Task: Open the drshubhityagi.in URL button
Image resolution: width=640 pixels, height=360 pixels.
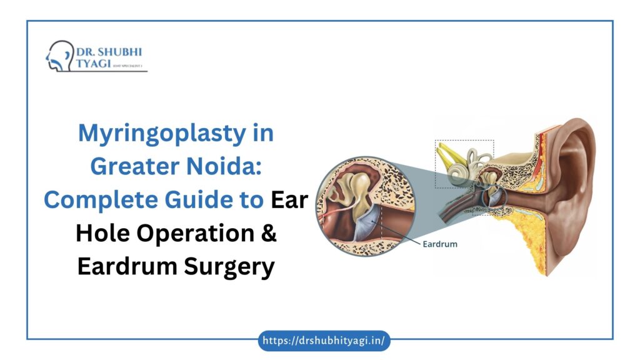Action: click(x=324, y=341)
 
